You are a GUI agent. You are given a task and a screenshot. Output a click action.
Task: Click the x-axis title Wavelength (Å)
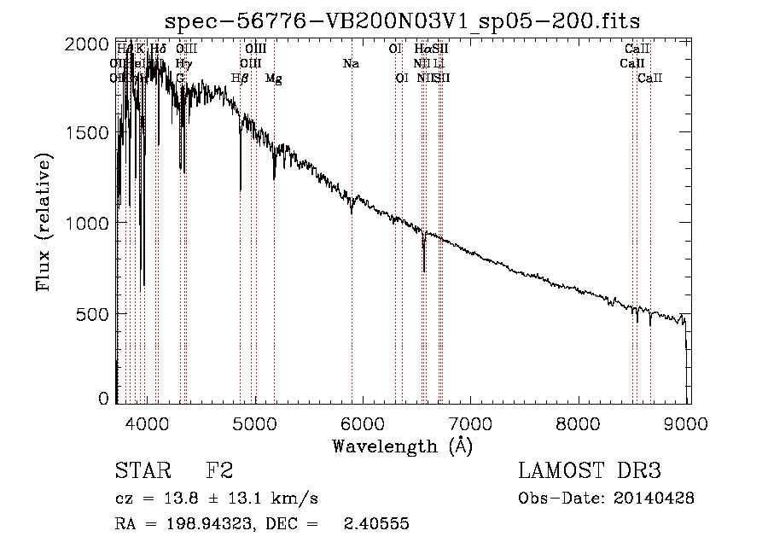(402, 445)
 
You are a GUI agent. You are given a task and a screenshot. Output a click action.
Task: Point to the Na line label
(351, 64)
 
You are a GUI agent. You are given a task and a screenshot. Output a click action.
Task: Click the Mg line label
(274, 79)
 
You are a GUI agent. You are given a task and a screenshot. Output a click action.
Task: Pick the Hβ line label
(240, 79)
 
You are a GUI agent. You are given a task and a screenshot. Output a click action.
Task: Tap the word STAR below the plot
(143, 470)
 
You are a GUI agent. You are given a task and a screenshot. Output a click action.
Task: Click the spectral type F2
(219, 470)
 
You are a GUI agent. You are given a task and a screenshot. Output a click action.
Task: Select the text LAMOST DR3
(590, 470)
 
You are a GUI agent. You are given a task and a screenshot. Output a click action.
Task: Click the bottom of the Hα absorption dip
(424, 270)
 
